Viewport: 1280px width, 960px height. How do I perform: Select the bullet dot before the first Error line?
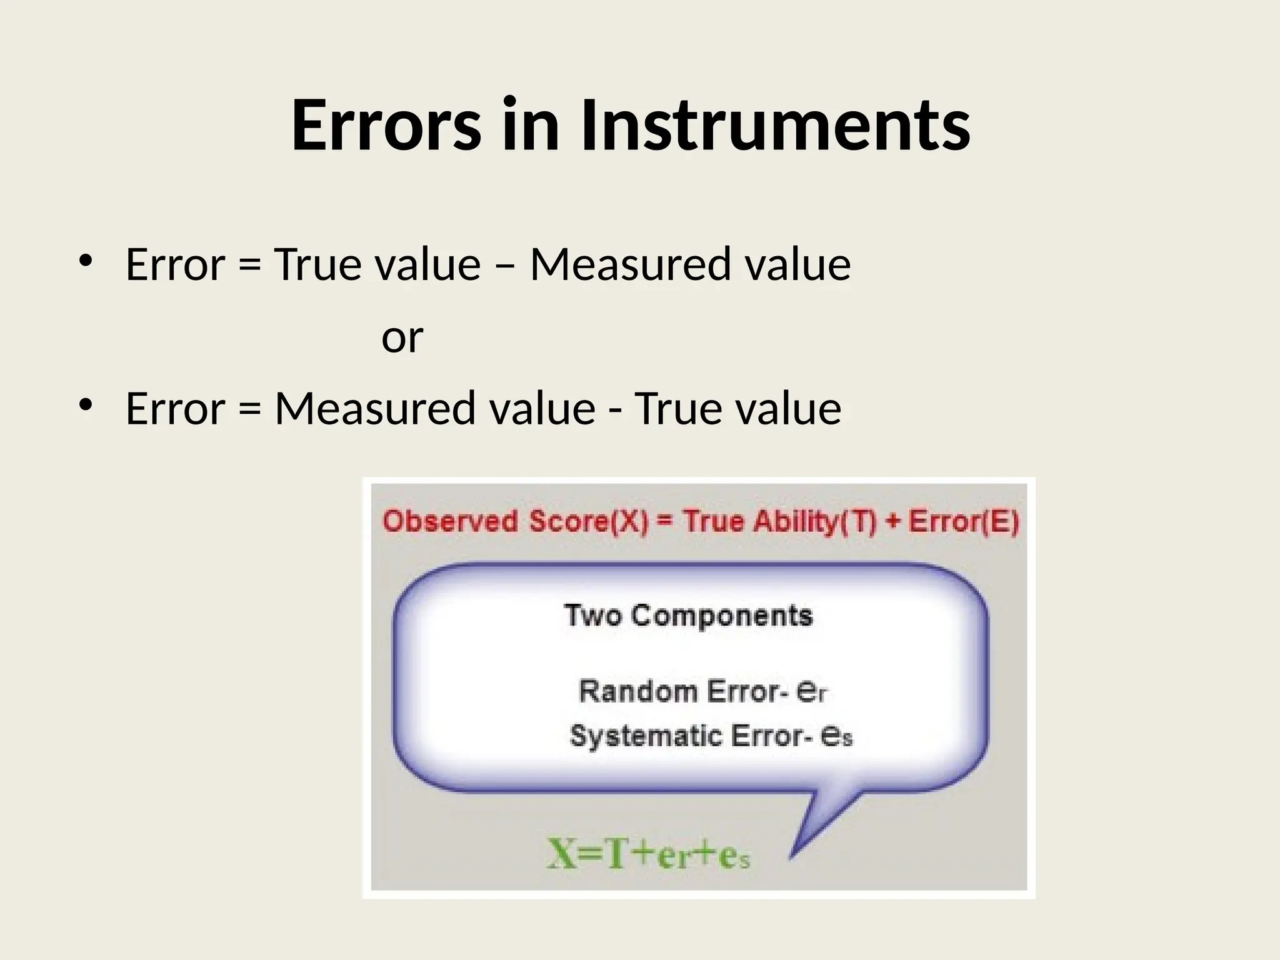tap(85, 261)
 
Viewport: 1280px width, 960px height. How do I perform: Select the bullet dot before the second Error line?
tap(85, 405)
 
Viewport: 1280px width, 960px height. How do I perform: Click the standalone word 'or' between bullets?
tap(402, 337)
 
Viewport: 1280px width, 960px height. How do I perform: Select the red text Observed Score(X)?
tap(516, 522)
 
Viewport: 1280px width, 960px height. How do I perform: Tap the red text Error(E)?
tap(963, 522)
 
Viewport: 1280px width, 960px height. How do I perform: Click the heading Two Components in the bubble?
tap(688, 616)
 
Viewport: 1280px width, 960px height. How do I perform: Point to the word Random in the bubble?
tap(638, 691)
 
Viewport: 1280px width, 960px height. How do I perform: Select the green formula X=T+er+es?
tap(648, 855)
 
